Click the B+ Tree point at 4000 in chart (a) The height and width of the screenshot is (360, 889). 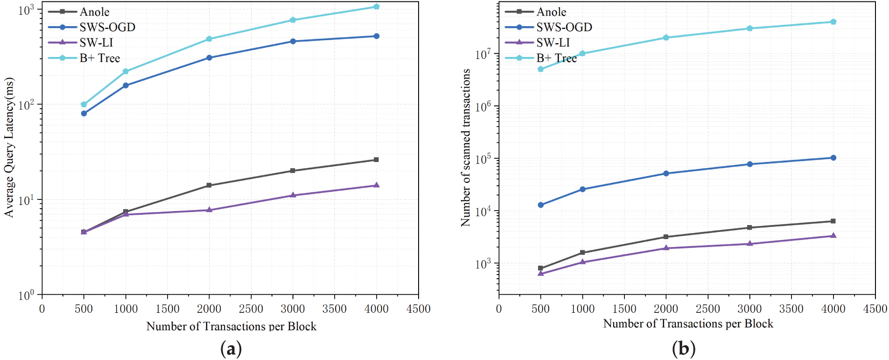(x=377, y=7)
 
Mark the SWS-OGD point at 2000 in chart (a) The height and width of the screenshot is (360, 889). (x=209, y=58)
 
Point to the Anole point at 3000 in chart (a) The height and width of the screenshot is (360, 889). (x=293, y=171)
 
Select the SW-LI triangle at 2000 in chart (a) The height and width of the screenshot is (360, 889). (x=209, y=210)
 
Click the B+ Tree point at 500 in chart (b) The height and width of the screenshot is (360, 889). (x=540, y=69)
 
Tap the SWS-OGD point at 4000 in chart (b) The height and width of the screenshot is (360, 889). (x=833, y=158)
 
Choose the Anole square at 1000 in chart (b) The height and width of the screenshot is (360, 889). (x=582, y=253)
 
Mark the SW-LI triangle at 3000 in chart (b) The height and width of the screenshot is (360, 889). (x=750, y=244)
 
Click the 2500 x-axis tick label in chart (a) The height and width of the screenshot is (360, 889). (x=251, y=309)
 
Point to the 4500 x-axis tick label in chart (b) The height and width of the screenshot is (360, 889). (x=875, y=309)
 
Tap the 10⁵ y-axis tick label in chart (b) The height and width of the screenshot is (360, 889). (x=483, y=158)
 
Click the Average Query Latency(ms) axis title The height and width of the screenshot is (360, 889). (x=9, y=147)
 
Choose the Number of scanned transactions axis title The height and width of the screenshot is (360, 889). (x=466, y=148)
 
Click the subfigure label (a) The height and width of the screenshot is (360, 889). (x=231, y=348)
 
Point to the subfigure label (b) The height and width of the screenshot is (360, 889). (x=684, y=348)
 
